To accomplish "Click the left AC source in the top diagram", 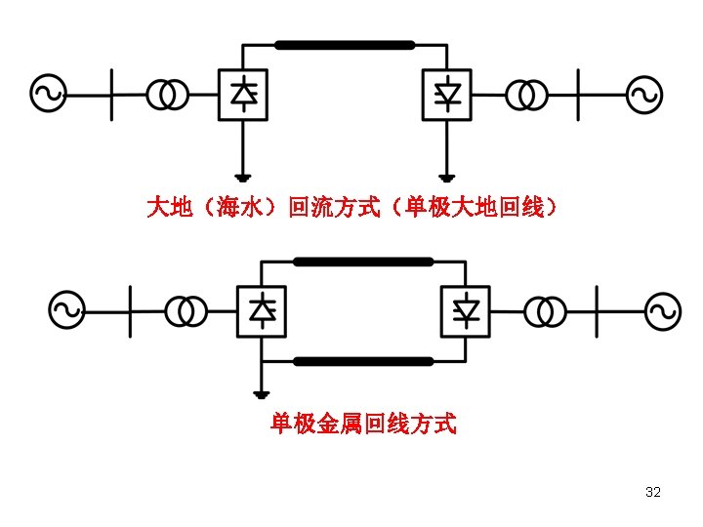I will point(49,94).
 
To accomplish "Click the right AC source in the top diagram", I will point(644,95).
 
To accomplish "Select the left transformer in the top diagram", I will point(168,94).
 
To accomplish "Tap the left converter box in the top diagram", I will point(243,94).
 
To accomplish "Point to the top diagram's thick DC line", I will point(345,45).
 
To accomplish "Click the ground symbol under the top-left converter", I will point(243,179).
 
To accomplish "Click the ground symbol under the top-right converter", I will point(448,179).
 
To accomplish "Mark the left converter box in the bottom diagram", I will point(262,311).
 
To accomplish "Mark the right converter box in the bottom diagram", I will point(467,311).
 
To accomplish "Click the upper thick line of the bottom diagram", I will point(363,262).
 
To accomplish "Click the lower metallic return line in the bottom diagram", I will point(363,361).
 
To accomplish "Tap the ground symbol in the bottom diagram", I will point(261,394).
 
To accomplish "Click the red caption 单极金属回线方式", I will point(363,425).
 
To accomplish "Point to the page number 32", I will point(653,492).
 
